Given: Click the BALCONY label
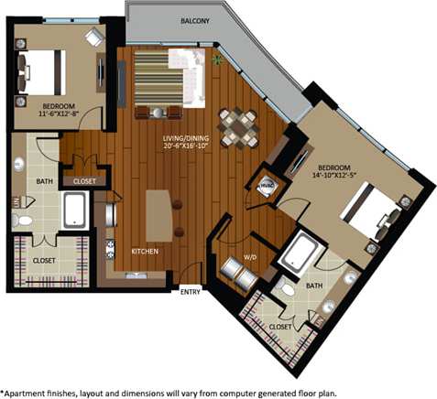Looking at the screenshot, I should coord(197,19).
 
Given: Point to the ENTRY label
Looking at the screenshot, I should coord(191,292).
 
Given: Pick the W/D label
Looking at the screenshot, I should coord(248,257).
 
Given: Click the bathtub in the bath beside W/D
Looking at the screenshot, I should coord(300,253).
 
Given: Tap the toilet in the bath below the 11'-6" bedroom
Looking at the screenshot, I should coord(22,220).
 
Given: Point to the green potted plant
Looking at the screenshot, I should coord(217,60).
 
